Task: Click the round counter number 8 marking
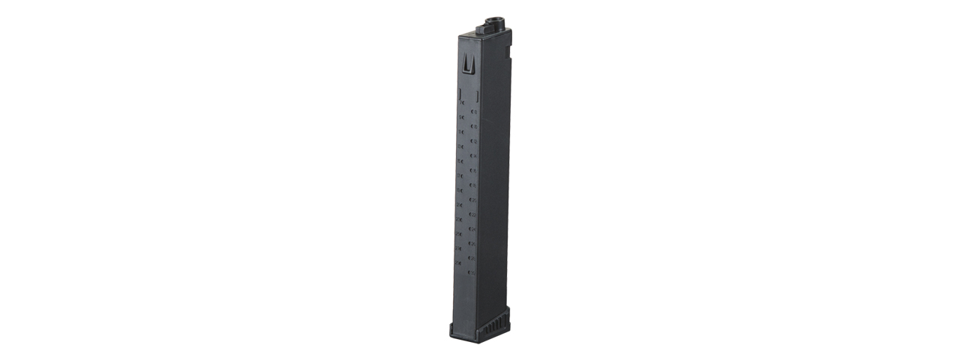pyautogui.click(x=473, y=112)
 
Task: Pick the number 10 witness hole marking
pyautogui.click(x=473, y=126)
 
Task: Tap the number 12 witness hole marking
pyautogui.click(x=473, y=141)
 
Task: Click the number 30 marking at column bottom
pyautogui.click(x=472, y=271)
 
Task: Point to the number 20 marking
pyautogui.click(x=473, y=199)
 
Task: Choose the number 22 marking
pyautogui.click(x=473, y=214)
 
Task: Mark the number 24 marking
pyautogui.click(x=473, y=229)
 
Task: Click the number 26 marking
pyautogui.click(x=473, y=243)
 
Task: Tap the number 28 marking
pyautogui.click(x=473, y=257)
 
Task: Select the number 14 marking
pyautogui.click(x=473, y=156)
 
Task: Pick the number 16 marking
pyautogui.click(x=473, y=170)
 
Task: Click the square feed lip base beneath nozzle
pyautogui.click(x=495, y=32)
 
